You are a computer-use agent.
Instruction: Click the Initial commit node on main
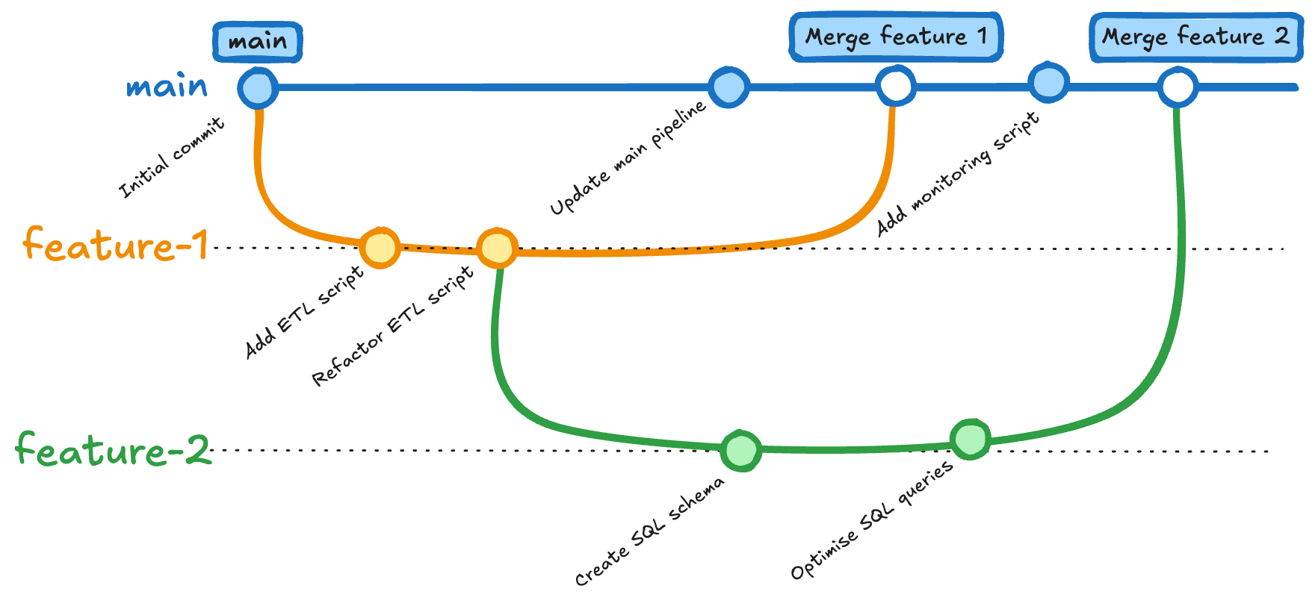(258, 88)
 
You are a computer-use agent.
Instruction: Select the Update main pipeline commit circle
(728, 87)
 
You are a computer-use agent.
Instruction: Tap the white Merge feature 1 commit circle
(896, 86)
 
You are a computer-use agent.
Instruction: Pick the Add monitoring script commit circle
(1048, 83)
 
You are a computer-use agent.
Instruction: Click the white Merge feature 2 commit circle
(1178, 87)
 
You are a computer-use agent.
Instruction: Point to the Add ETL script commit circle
(380, 248)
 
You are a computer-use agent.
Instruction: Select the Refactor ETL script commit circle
(497, 248)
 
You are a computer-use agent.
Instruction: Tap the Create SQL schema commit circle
(741, 450)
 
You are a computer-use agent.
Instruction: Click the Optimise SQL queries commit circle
(971, 439)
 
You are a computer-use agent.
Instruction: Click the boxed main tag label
(258, 42)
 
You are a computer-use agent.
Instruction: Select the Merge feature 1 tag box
(896, 36)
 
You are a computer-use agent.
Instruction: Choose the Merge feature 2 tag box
(1195, 36)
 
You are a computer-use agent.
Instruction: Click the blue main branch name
(167, 87)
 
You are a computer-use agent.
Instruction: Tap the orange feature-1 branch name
(114, 245)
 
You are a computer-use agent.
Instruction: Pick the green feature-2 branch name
(114, 449)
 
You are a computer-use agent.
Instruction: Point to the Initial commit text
(172, 157)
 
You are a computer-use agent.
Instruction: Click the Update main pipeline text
(628, 158)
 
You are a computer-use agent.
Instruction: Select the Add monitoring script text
(957, 174)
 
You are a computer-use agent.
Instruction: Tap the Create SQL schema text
(649, 532)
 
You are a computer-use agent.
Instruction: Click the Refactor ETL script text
(392, 326)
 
